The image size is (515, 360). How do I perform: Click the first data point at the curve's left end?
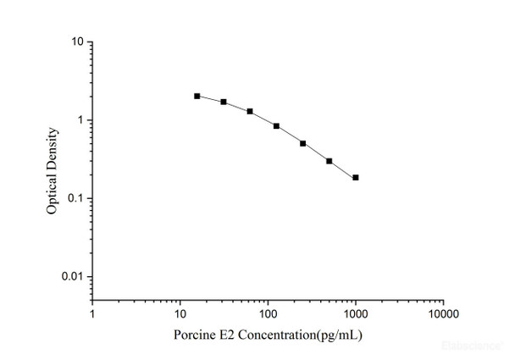(x=197, y=97)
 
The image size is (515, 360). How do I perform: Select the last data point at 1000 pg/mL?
(x=356, y=178)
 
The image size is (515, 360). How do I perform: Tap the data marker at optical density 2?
(x=197, y=97)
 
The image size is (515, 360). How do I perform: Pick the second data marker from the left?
(x=224, y=102)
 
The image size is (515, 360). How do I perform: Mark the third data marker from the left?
(x=250, y=111)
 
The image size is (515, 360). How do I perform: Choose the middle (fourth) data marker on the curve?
(x=276, y=126)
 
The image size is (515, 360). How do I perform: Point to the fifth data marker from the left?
(x=302, y=143)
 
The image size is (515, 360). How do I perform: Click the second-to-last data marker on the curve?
(x=329, y=161)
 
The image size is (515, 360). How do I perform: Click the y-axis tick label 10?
(x=76, y=42)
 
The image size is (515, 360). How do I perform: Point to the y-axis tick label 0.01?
(x=72, y=277)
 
